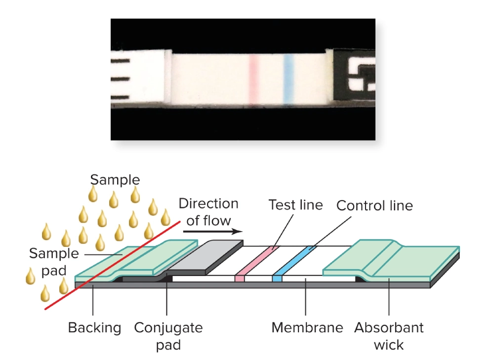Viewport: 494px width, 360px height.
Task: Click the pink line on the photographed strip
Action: tap(253, 79)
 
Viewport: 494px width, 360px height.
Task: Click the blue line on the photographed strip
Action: tap(288, 79)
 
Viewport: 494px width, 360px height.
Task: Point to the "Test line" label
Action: tap(295, 205)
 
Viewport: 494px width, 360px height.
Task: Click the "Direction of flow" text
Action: tap(208, 211)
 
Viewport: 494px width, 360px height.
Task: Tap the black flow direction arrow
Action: tap(212, 231)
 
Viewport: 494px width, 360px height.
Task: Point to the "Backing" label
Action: tap(94, 327)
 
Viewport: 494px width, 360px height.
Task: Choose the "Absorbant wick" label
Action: tap(389, 335)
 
